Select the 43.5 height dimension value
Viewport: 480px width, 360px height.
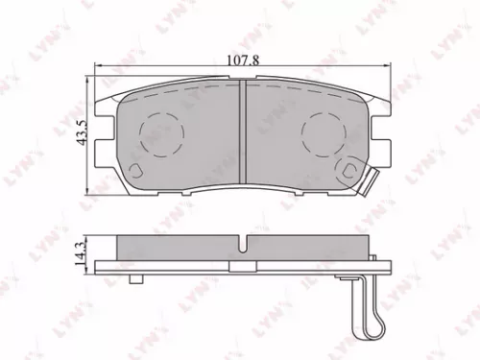point(80,129)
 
